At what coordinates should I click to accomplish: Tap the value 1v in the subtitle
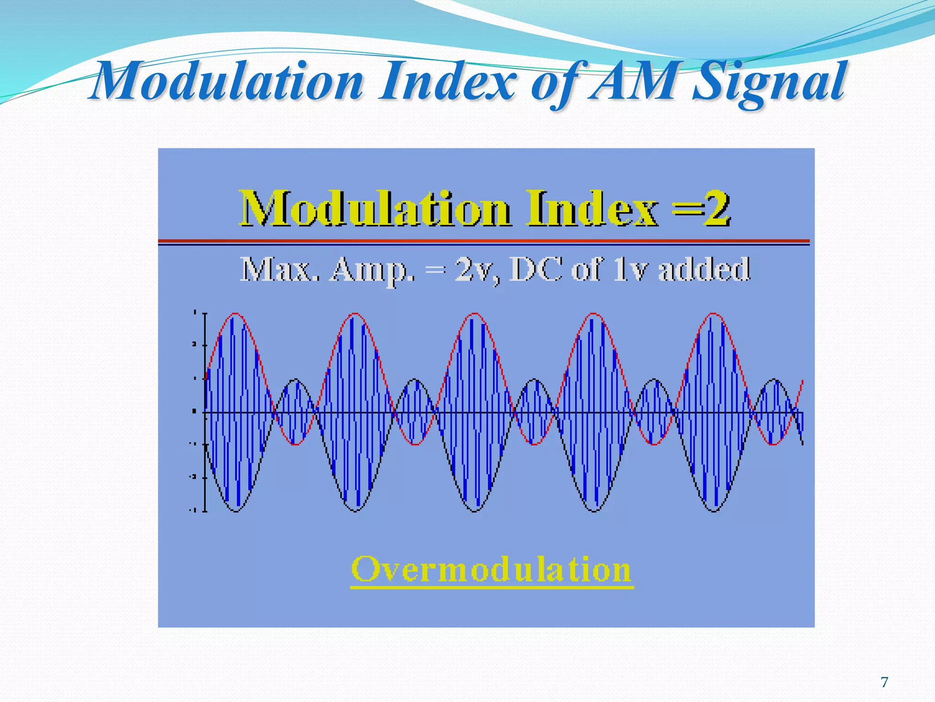630,269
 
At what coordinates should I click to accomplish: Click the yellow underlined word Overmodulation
491,569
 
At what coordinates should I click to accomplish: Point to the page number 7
884,682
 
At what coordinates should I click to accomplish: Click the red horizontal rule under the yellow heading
483,240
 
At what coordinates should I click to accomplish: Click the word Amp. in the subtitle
373,270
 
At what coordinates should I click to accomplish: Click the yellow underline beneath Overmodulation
492,587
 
